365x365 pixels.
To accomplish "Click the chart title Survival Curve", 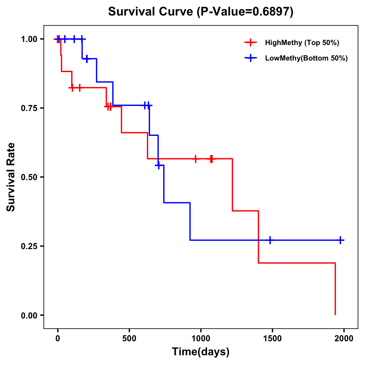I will click(151, 12).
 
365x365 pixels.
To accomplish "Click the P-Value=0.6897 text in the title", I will click(245, 12).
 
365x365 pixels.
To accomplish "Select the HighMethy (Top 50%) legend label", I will click(302, 43).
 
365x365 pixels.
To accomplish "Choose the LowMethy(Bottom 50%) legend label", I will click(306, 58).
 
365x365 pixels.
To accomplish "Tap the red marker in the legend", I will click(250, 43).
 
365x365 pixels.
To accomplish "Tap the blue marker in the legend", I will click(250, 58).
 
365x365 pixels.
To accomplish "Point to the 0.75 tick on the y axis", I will click(29, 108).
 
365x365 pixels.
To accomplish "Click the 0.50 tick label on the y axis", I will click(29, 177).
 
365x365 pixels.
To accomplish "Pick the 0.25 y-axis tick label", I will click(29, 246).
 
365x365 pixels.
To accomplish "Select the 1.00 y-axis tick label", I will click(29, 39).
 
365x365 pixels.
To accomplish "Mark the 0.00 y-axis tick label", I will click(29, 315).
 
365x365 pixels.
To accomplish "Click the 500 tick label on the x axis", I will click(129, 339).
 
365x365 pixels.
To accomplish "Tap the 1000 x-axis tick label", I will click(201, 339).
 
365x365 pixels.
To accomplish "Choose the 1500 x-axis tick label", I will click(272, 339).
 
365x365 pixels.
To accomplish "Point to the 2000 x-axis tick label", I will click(344, 339).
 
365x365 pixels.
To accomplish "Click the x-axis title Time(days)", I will click(201, 352).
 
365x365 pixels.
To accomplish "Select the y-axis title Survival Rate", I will click(11, 177).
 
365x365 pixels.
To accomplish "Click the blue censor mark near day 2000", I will click(340, 240).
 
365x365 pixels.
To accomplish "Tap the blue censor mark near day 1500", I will click(270, 240).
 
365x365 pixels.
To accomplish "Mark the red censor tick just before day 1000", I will click(196, 159).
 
